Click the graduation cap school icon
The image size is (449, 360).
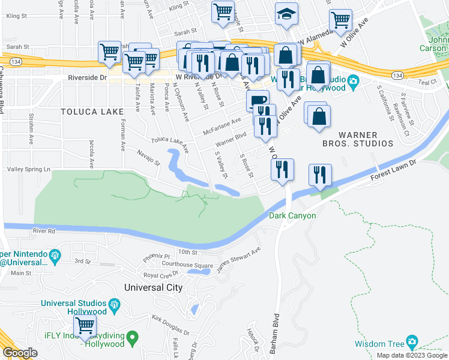(286, 14)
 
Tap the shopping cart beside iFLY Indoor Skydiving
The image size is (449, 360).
(85, 326)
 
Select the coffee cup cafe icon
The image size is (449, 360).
(258, 101)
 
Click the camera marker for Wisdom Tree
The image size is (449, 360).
(412, 342)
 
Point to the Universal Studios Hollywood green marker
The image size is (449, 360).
(113, 310)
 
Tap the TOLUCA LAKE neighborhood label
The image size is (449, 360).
(92, 112)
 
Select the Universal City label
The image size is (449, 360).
(152, 287)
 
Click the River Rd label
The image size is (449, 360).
(44, 230)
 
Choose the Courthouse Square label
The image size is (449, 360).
(188, 265)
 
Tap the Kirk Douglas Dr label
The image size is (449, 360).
(170, 325)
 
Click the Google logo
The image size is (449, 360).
(20, 353)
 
